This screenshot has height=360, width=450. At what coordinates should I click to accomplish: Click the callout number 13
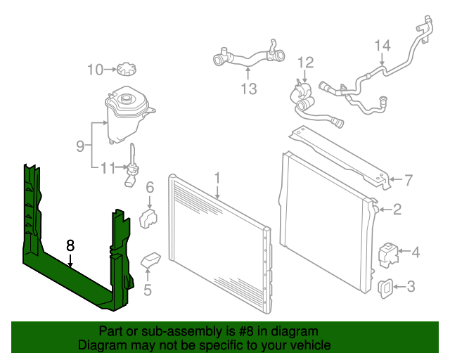(248, 89)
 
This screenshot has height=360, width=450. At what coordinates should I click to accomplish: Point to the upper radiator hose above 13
(247, 57)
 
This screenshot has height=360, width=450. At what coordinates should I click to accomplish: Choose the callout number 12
(304, 63)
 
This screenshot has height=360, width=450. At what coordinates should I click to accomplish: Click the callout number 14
(381, 46)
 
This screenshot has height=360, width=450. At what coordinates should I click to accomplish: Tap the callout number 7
(406, 180)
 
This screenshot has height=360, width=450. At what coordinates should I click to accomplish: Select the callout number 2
(397, 209)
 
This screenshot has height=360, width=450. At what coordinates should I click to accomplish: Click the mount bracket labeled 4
(388, 252)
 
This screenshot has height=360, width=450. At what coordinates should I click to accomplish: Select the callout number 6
(150, 187)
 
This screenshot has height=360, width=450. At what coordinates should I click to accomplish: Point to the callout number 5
(148, 288)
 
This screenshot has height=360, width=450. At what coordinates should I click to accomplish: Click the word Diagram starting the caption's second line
(101, 345)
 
